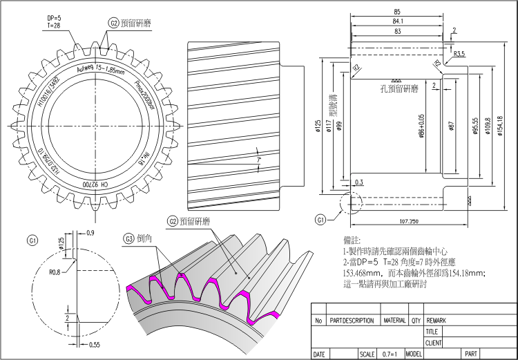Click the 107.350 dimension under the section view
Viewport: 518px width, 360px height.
[409, 222]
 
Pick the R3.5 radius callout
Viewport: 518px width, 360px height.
[459, 53]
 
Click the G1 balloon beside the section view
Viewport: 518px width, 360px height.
[320, 220]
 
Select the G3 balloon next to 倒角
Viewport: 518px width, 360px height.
[128, 238]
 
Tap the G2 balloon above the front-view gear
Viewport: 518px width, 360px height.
[113, 23]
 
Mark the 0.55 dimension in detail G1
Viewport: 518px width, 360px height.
[95, 343]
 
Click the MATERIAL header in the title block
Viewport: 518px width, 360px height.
[394, 321]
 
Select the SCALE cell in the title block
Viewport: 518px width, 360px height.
[366, 354]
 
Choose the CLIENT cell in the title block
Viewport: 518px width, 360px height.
[434, 343]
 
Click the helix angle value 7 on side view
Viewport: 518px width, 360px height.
[258, 160]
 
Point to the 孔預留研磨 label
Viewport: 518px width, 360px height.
[399, 88]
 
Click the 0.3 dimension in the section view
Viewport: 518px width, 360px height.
[358, 182]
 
